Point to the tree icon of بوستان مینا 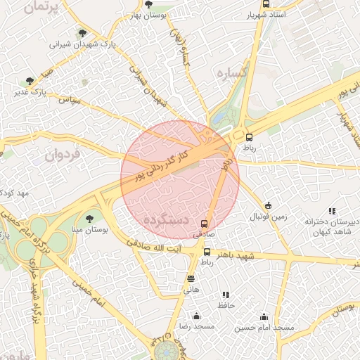[x=89, y=219]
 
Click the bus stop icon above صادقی [x=205, y=224]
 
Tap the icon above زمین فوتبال [x=268, y=206]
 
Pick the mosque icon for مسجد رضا [x=195, y=316]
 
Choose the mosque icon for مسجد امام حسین [x=264, y=317]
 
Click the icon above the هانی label [x=191, y=279]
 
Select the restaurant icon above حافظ [x=226, y=295]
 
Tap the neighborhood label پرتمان [x=39, y=7]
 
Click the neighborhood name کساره [x=230, y=74]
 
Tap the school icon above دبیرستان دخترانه [x=332, y=211]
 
